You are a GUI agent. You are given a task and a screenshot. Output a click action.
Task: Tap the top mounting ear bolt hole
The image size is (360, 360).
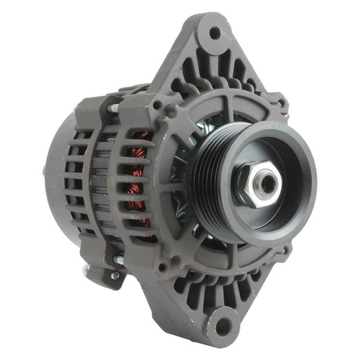click(x=215, y=32)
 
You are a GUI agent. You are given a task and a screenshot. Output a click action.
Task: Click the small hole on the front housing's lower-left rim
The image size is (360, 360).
click(x=162, y=267)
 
